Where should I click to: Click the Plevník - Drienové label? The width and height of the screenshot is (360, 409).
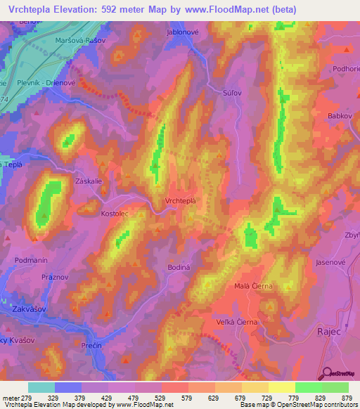(x=43, y=82)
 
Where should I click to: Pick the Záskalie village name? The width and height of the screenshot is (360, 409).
(x=89, y=181)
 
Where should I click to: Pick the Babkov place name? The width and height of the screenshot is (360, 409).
(x=339, y=115)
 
